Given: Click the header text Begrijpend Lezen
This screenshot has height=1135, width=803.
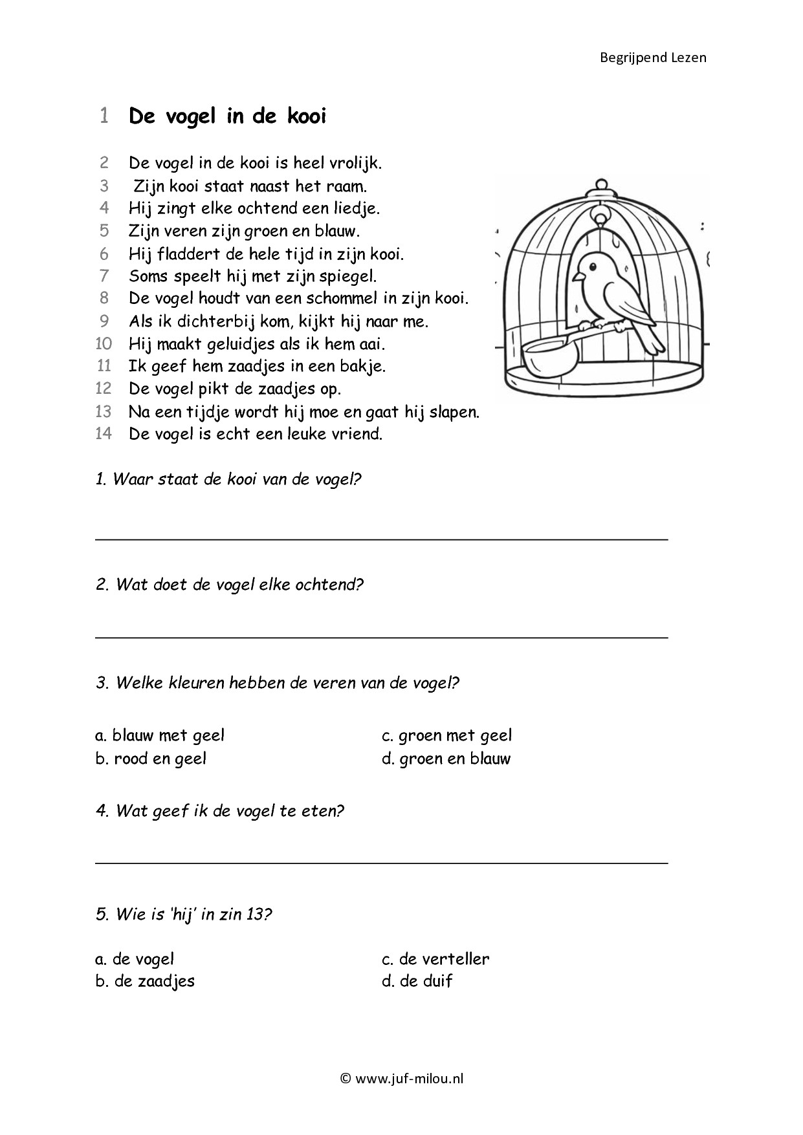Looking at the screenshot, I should [x=653, y=58].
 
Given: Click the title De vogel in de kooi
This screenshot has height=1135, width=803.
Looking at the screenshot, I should [x=227, y=116].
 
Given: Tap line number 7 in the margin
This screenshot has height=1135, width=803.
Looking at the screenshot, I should [x=104, y=276].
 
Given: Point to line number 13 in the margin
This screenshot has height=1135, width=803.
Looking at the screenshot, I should [x=104, y=411].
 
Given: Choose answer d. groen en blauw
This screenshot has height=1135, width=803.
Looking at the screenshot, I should [x=446, y=759].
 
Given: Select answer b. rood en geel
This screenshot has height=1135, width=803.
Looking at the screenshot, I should [x=151, y=759].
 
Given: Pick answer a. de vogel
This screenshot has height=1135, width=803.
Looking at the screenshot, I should [x=135, y=959].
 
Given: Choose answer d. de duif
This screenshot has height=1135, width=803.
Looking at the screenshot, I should [x=417, y=981].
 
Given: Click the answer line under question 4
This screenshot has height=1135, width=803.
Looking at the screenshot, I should [x=381, y=862].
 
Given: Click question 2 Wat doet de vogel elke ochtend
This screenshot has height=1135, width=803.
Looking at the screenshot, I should [x=230, y=585].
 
